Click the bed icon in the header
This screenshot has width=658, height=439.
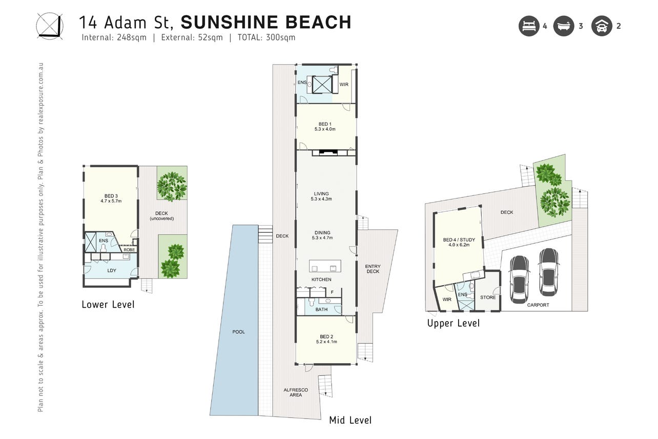coord(529,26)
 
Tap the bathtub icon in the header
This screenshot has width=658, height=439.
coord(563,26)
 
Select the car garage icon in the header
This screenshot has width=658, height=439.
coord(602,26)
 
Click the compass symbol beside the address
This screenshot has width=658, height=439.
coord(50,26)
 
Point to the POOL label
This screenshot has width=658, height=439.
coord(238,332)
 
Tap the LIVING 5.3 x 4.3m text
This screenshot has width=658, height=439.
coord(321,196)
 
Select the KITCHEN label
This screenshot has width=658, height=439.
coord(321,280)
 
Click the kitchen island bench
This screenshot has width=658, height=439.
coord(325,266)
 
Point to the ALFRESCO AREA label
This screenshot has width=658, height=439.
coord(296,392)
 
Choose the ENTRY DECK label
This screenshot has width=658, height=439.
coord(373,269)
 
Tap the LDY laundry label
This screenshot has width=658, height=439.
coord(112,270)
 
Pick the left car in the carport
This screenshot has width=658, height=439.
coord(519,280)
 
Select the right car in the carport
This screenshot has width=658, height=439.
coord(549,272)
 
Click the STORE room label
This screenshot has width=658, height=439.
coord(488,297)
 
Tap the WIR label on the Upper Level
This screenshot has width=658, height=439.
coord(447,300)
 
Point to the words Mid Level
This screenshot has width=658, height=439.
coord(350,420)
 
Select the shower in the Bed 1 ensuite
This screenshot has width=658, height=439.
coord(322,85)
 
